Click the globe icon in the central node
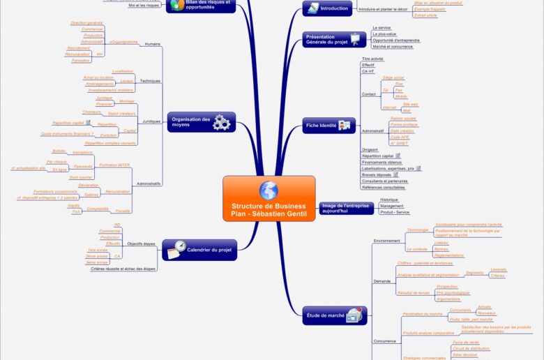coord(269,190)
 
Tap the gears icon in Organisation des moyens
coord(222,123)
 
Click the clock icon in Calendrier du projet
coord(180,247)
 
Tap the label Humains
coord(151,44)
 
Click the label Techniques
coord(150,81)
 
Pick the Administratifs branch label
coord(149,183)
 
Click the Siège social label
coord(393,77)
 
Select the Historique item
coord(389,200)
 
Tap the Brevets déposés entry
coord(376,174)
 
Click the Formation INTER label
coord(114,165)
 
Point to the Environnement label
coord(386,241)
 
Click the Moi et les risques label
coord(144,6)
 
